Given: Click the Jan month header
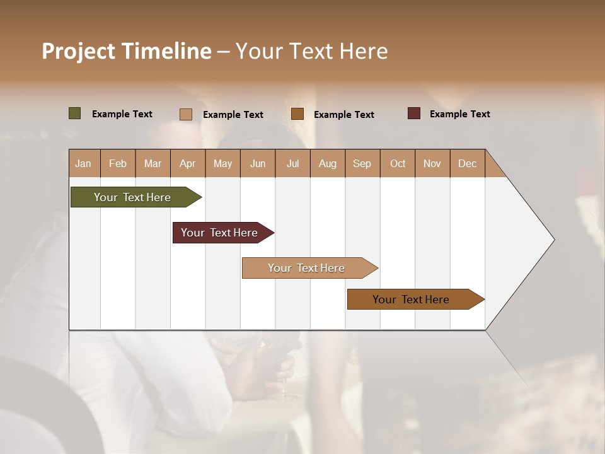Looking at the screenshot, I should click(x=84, y=163).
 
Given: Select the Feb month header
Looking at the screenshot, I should click(x=118, y=163).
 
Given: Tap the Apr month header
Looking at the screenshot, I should click(x=187, y=163).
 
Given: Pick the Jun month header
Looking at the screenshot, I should click(x=257, y=163).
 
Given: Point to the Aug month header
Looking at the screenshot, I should click(x=327, y=163).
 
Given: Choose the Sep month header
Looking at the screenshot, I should click(x=362, y=163).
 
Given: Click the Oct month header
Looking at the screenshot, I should click(x=397, y=163).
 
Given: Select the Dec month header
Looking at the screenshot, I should click(x=467, y=163).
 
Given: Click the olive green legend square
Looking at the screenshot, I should click(x=74, y=113).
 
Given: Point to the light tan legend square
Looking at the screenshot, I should click(x=185, y=114).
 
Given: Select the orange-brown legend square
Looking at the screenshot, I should click(x=297, y=114).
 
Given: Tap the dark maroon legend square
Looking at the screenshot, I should click(x=413, y=113).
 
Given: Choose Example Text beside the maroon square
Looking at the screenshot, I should click(x=459, y=114).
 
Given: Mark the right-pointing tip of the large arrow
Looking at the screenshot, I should click(x=553, y=240).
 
